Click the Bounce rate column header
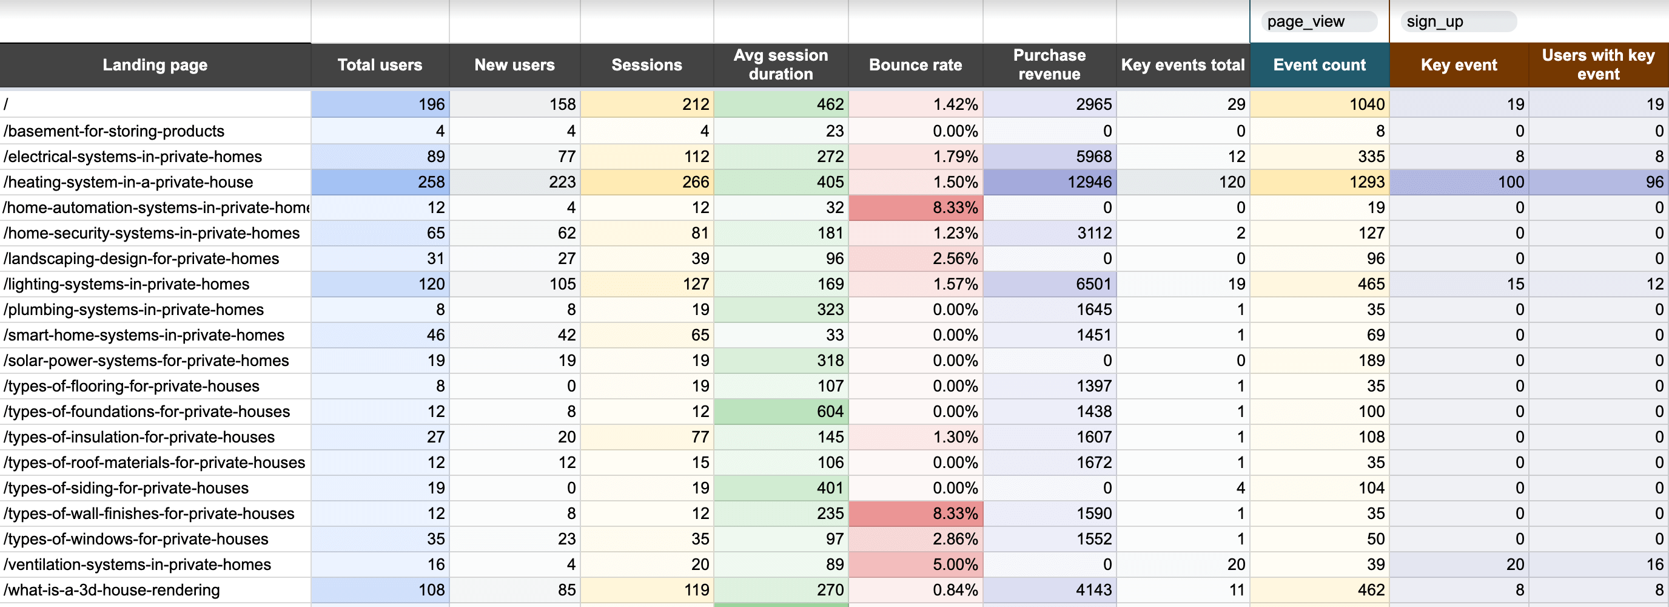pyautogui.click(x=915, y=65)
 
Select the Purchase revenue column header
pyautogui.click(x=1049, y=65)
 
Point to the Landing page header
pyautogui.click(x=155, y=65)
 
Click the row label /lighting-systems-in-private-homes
pyautogui.click(x=126, y=284)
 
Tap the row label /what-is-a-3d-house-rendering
pyautogui.click(x=112, y=590)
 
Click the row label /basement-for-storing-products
pyautogui.click(x=114, y=131)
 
